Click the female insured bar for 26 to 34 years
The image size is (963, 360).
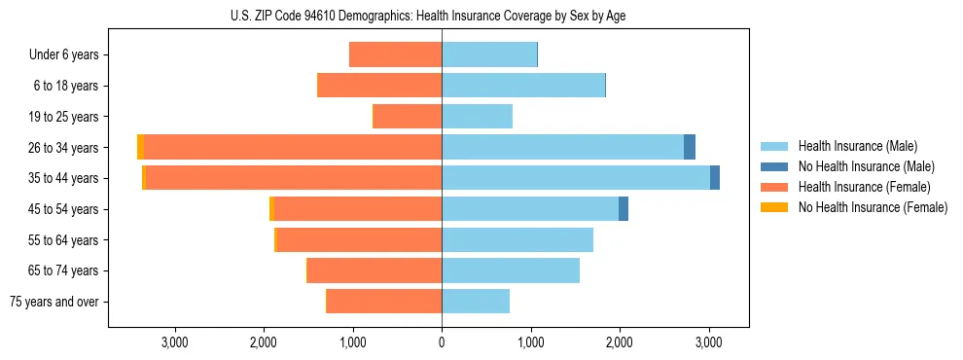292,147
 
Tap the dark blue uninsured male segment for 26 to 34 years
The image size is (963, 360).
690,147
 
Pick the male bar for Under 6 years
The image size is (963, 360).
489,54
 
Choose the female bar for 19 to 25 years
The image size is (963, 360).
408,117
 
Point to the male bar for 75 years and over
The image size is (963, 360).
476,302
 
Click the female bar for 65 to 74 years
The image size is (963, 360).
374,270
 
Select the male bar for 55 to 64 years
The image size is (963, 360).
517,239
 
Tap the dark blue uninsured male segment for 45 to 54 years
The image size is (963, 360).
624,208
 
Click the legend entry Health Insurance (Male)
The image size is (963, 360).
857,146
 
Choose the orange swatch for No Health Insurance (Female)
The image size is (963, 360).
774,207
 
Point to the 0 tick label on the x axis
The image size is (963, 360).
442,342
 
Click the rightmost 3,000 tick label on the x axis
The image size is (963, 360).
708,342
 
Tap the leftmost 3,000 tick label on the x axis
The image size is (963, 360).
175,342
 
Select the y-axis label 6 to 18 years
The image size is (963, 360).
66,86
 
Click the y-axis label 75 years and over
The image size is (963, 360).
54,302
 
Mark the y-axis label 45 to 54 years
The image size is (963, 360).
63,208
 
